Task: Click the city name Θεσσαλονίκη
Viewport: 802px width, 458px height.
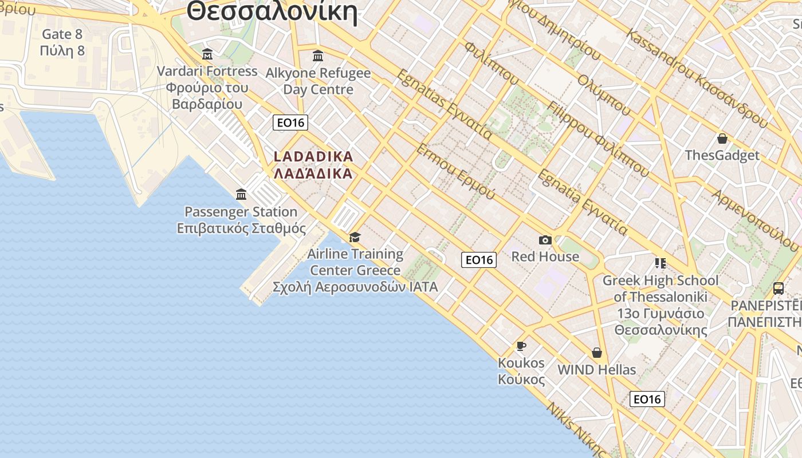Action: [272, 11]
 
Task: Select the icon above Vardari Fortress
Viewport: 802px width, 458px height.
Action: [207, 54]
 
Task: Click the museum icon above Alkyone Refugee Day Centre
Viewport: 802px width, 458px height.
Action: [318, 56]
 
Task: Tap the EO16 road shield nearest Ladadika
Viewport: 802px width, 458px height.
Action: [290, 123]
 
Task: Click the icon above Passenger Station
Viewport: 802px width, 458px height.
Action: [241, 195]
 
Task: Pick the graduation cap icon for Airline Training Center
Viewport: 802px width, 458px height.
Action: [355, 237]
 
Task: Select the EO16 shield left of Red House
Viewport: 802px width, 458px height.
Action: [479, 260]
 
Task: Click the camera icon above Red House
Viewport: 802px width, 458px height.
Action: [545, 240]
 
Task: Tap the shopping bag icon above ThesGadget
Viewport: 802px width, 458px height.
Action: [722, 139]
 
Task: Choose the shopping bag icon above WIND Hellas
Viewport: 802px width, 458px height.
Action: [597, 353]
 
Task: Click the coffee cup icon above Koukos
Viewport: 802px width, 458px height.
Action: [521, 346]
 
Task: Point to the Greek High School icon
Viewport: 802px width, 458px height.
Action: [660, 263]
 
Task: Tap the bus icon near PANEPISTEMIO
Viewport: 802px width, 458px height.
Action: [779, 289]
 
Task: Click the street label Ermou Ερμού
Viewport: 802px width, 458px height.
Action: [456, 171]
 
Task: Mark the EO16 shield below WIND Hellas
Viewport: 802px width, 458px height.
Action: [647, 399]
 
